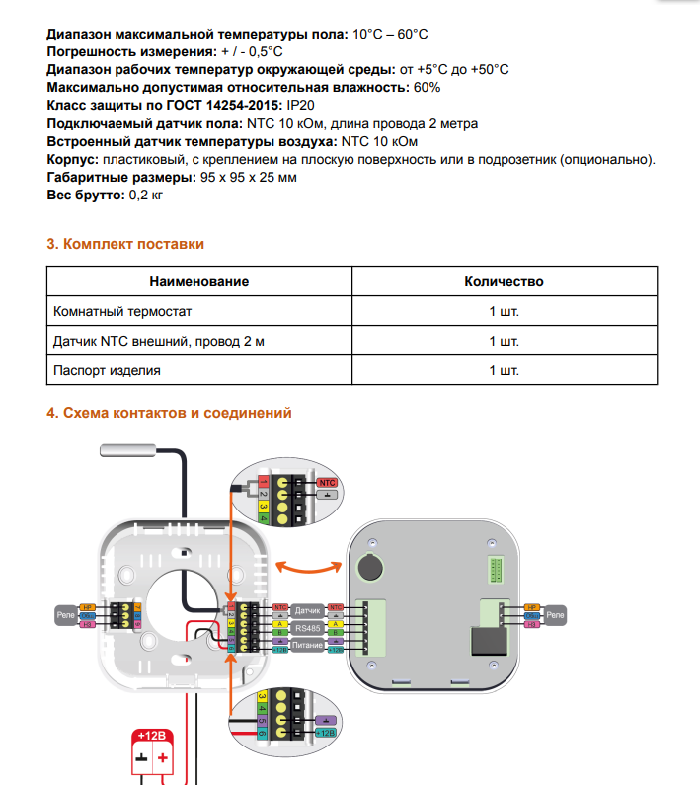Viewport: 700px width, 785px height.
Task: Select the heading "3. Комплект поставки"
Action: [x=125, y=244]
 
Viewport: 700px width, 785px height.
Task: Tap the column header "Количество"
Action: [x=504, y=282]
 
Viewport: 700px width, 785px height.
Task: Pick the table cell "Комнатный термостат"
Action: [x=121, y=312]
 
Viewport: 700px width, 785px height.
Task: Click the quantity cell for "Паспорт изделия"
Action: [x=504, y=371]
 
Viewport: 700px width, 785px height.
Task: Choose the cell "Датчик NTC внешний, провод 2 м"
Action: [x=159, y=342]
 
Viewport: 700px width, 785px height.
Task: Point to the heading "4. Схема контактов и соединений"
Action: [x=170, y=413]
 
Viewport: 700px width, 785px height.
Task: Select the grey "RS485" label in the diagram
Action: [x=308, y=627]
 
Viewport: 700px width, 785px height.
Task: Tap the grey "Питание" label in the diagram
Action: [x=308, y=645]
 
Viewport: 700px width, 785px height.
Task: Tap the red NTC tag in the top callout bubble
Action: [x=329, y=481]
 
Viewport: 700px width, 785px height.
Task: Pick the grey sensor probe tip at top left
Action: [x=123, y=451]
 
